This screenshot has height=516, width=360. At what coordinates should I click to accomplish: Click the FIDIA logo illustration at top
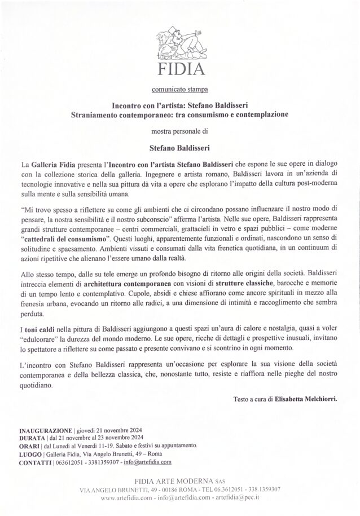pos(179,43)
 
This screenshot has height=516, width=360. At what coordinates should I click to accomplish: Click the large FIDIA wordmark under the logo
pos(179,71)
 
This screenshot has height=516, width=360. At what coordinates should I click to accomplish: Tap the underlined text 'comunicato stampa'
pos(179,89)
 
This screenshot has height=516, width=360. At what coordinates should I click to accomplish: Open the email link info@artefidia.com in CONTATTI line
pos(147,461)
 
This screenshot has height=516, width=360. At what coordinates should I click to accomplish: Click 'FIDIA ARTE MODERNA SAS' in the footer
pos(179,481)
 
